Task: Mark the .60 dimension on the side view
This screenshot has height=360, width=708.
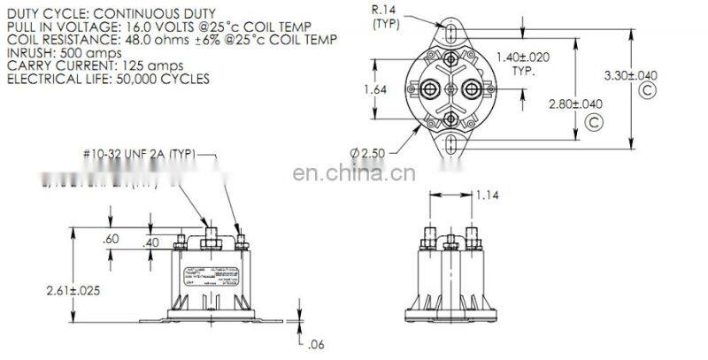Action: tap(111, 238)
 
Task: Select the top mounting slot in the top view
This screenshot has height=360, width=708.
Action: tap(451, 34)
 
